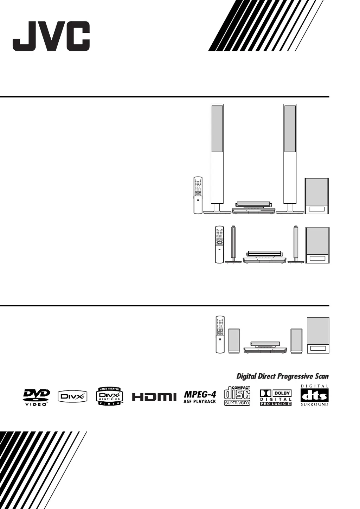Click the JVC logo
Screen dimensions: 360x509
pos(51,36)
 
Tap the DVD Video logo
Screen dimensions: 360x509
pos(37,397)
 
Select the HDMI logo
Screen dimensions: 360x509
pos(154,397)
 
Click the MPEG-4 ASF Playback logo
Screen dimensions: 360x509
pos(200,397)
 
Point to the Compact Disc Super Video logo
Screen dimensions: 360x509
pos(237,396)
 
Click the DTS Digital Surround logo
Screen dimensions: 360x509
pos(314,395)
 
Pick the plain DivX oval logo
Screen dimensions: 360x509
pos(72,397)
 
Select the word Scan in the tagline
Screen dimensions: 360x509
pos(321,376)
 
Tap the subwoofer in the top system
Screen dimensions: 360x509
pos(317,196)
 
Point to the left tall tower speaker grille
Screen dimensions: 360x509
pos(217,129)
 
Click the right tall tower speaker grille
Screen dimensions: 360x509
pos(290,129)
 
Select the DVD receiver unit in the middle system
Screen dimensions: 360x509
pos(264,257)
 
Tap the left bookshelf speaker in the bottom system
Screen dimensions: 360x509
pos(234,341)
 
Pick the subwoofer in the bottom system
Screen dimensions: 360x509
pos(318,335)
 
